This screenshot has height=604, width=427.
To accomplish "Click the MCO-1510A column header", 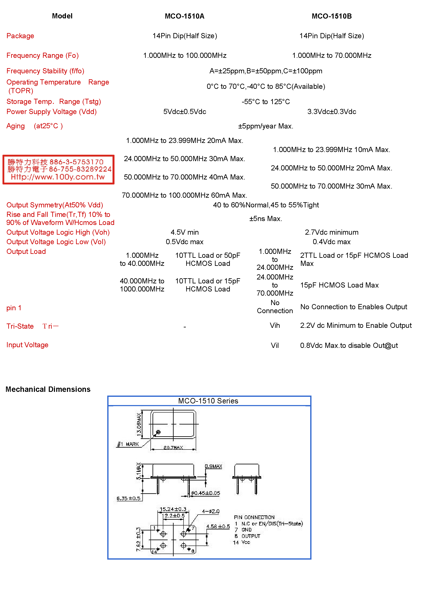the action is coord(184,16).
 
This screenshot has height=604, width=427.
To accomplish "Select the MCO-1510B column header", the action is coord(332,16).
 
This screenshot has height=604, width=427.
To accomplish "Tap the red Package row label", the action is coord(20,36).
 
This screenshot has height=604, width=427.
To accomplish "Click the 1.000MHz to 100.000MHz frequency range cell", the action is coord(185,56).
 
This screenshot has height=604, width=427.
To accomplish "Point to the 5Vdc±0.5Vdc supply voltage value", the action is coord(185,112).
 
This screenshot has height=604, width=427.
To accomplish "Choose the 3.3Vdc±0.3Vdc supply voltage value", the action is coord(332,112).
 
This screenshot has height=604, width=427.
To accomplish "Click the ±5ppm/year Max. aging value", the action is coord(265,126).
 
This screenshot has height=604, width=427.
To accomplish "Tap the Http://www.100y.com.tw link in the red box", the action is coord(58,177).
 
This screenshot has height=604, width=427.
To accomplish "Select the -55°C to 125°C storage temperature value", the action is coord(265,102).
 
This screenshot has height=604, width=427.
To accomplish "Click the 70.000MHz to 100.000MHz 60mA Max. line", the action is coord(184,195).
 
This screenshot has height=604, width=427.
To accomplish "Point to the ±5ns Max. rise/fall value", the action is coord(265,219).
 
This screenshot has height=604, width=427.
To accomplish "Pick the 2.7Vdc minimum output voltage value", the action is coord(332,232).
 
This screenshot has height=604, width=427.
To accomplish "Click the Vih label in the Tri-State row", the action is coord(275,326).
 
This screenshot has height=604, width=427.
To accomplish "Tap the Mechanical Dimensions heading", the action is coord(48,389).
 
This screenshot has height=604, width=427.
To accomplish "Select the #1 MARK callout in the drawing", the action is coord(128,444).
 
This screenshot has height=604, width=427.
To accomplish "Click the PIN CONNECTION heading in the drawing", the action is coord(254,517).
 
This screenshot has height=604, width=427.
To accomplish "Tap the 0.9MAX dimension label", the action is coord(213,466).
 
